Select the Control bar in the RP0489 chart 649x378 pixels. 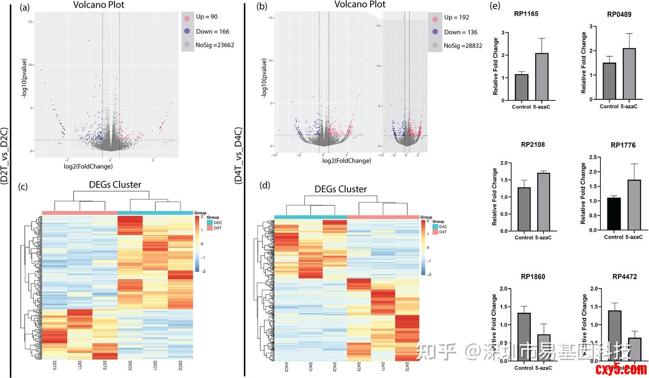coord(609,81)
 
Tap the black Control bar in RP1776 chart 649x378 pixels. coord(614,214)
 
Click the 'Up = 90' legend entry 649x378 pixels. coord(206,17)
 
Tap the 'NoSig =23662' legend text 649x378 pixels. coord(215,45)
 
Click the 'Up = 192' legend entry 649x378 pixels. coord(456,18)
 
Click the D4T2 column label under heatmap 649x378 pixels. coord(407,366)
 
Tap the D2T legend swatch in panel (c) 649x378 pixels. coord(210,228)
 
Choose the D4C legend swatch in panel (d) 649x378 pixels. coord(435,227)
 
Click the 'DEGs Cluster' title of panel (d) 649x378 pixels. coord(340,189)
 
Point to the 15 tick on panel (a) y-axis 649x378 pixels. coord(31,22)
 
